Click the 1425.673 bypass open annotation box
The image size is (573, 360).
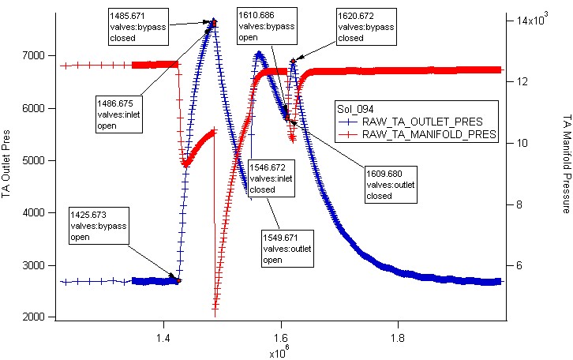(x=99, y=226)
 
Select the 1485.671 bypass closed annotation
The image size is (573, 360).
(x=138, y=27)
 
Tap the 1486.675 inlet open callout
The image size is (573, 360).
(x=119, y=114)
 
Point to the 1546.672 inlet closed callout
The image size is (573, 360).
(x=272, y=178)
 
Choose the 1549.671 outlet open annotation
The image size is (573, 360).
(x=287, y=249)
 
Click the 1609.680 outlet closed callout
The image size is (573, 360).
(x=391, y=185)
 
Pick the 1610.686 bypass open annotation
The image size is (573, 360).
(x=267, y=26)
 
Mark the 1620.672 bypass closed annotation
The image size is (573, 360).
(x=366, y=27)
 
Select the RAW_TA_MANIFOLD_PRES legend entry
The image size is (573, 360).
(x=417, y=134)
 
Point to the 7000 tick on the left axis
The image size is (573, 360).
(x=34, y=55)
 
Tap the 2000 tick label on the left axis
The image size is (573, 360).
(x=34, y=317)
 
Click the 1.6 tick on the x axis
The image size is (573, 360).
(x=281, y=338)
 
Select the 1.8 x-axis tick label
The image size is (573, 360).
(x=398, y=338)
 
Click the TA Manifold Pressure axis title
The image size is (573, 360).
(x=566, y=163)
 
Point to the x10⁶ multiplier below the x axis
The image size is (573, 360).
(x=279, y=352)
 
